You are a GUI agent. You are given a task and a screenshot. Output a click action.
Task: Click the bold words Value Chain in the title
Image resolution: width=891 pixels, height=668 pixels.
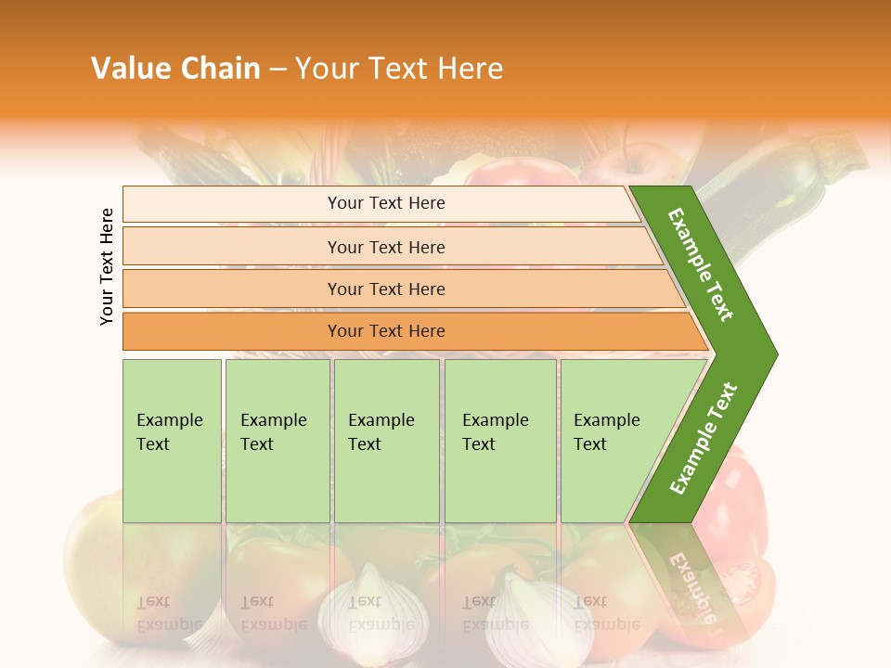(175, 68)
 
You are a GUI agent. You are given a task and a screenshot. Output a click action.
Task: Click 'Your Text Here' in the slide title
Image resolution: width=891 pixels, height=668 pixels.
(399, 68)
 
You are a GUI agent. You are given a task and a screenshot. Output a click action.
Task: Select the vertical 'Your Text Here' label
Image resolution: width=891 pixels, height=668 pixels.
(107, 266)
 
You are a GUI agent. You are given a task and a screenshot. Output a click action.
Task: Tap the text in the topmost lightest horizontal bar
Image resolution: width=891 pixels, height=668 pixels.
(386, 203)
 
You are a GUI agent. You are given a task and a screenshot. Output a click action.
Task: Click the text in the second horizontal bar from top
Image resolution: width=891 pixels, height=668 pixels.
(386, 247)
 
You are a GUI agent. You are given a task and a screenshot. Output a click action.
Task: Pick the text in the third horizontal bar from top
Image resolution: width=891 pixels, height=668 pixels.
(386, 289)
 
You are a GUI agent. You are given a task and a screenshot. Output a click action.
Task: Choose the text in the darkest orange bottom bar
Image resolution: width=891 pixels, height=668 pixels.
(386, 331)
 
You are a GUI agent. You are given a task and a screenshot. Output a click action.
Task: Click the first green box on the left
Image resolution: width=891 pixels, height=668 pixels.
(172, 440)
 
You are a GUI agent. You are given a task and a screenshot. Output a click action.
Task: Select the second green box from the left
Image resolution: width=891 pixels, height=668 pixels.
(277, 440)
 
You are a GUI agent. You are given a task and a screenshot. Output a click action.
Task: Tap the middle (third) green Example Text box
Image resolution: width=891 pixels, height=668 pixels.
(386, 440)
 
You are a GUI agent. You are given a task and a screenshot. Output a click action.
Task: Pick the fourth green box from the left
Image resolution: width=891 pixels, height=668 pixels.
(499, 440)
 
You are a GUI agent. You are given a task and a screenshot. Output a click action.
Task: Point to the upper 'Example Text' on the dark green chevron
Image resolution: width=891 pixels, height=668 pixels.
(701, 264)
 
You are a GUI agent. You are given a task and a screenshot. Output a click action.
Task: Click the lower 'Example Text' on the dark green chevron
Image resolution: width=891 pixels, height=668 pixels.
(704, 439)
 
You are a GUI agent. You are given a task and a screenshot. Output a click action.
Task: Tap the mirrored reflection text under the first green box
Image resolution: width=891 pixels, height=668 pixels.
(170, 612)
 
